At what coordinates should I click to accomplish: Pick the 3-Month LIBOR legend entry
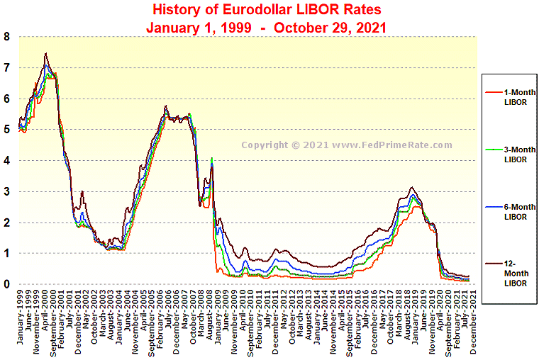(x=510, y=154)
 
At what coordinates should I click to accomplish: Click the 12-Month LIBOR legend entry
(x=510, y=273)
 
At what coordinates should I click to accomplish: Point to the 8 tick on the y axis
(x=6, y=37)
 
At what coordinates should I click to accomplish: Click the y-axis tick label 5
(x=6, y=130)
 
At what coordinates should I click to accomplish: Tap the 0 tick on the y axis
(x=6, y=284)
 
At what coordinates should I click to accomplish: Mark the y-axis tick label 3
(x=6, y=191)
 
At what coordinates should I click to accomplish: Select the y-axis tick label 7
(x=6, y=68)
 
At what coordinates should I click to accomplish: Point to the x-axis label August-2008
(x=211, y=318)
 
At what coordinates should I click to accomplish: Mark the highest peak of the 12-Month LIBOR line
(x=46, y=53)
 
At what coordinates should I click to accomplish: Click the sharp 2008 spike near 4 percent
(x=211, y=159)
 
